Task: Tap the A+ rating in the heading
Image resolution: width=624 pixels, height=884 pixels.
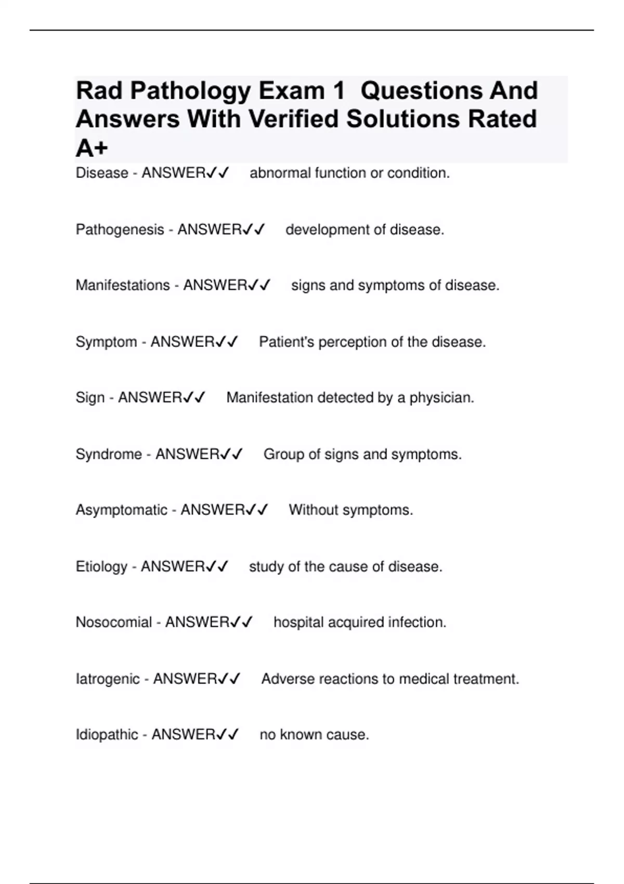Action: pyautogui.click(x=92, y=149)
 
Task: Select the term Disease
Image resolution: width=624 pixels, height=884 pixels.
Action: pyautogui.click(x=102, y=173)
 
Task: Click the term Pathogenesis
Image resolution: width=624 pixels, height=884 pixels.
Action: pyautogui.click(x=120, y=229)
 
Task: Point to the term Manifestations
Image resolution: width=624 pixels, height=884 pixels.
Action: pyautogui.click(x=123, y=285)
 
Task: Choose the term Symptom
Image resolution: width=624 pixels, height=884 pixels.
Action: pyautogui.click(x=106, y=342)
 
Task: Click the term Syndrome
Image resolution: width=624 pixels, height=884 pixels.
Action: pyautogui.click(x=109, y=454)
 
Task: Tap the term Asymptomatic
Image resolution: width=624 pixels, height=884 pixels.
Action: pyautogui.click(x=121, y=510)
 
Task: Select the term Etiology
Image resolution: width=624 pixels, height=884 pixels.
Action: pyautogui.click(x=101, y=566)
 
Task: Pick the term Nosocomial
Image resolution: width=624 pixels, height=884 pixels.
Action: pyautogui.click(x=113, y=622)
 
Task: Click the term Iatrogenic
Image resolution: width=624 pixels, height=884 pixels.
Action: pyautogui.click(x=108, y=679)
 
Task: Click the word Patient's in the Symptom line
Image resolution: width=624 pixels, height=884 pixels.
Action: pyautogui.click(x=286, y=342)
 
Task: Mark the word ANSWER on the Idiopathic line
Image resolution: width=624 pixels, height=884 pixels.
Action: pyautogui.click(x=182, y=735)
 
